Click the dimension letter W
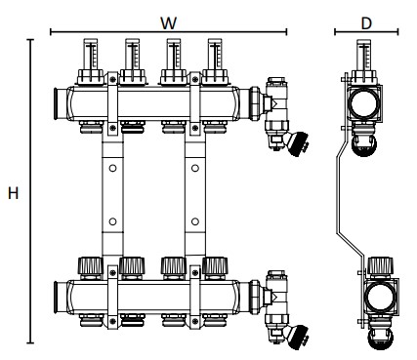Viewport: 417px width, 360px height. point(169,23)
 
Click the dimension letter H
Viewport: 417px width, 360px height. point(14,193)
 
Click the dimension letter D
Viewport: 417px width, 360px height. point(366,23)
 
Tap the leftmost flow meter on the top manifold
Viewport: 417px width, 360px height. point(91,61)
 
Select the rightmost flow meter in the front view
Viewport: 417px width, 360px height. point(215,61)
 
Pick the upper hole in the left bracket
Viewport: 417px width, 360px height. point(112,169)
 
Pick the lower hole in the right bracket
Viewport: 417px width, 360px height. point(195,221)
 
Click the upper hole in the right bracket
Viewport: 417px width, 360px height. point(195,169)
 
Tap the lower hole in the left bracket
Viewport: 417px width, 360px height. point(112,221)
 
